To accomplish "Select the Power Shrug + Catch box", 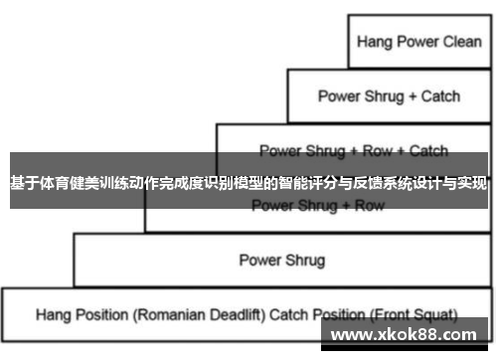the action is [x=389, y=96].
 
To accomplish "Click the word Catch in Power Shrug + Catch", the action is [x=439, y=96].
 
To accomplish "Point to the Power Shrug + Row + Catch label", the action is [x=353, y=151].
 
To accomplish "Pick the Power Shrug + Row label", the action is [x=317, y=206].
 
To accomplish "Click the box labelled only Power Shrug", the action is [x=281, y=261].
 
